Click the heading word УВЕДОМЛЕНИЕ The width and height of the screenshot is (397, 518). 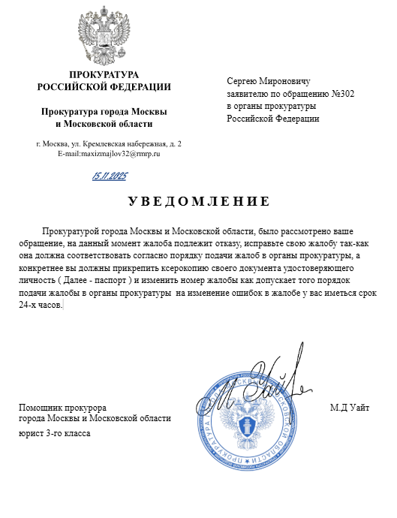point(198,201)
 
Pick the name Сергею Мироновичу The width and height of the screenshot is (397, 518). point(268,80)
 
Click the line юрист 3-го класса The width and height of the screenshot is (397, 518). point(53,433)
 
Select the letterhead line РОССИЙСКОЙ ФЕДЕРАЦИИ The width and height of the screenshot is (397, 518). point(104,86)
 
